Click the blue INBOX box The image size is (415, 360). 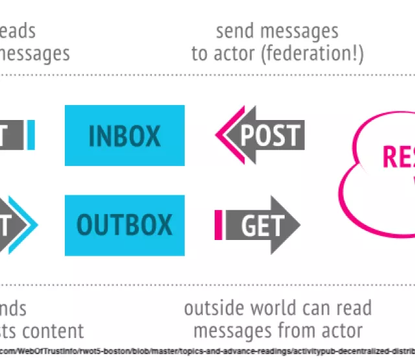124,135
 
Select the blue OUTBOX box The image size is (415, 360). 124,225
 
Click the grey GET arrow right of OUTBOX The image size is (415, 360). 262,225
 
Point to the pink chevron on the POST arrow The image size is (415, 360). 222,135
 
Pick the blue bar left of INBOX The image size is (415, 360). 31,135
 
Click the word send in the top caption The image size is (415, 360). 234,31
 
